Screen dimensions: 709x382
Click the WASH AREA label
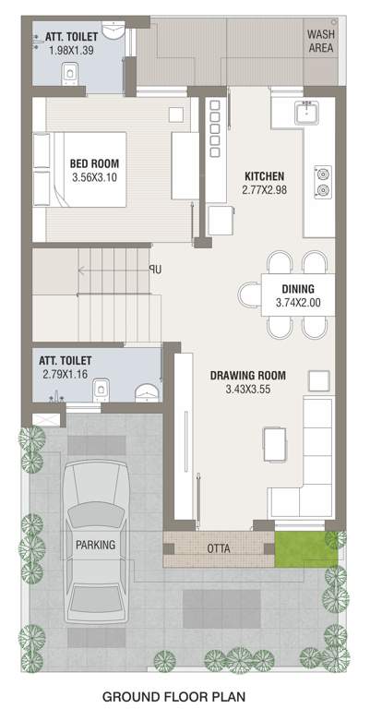(321, 41)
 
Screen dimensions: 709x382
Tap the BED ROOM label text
(94, 164)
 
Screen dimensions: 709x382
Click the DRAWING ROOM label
(247, 376)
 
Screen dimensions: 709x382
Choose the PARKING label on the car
(96, 545)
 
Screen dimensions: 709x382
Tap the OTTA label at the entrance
(220, 548)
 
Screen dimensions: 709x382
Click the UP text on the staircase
(155, 270)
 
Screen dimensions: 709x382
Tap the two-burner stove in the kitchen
(323, 181)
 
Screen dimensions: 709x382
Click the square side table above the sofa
(318, 379)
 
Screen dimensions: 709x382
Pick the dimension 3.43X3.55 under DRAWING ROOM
(247, 391)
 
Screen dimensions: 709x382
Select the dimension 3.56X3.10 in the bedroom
(94, 179)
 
